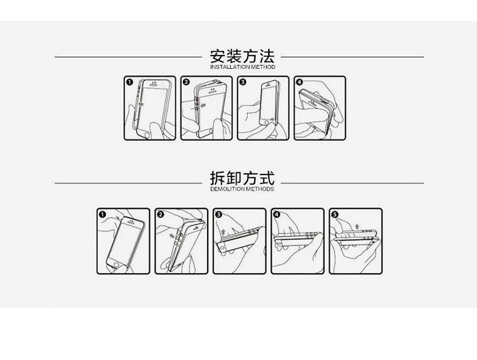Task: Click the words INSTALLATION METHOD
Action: (242, 67)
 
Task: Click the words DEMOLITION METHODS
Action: (242, 189)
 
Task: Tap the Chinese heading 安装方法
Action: (242, 56)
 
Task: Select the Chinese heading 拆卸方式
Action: (242, 178)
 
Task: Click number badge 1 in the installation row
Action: (129, 82)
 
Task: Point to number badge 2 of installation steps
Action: (186, 82)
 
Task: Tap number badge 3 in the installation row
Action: (243, 82)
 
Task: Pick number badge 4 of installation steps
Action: (299, 82)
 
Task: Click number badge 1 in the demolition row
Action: (102, 214)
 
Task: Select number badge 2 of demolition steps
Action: (160, 214)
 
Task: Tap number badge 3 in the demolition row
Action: (218, 214)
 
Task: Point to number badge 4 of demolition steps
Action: (276, 214)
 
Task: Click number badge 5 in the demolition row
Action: (334, 214)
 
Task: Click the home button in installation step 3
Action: (264, 120)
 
